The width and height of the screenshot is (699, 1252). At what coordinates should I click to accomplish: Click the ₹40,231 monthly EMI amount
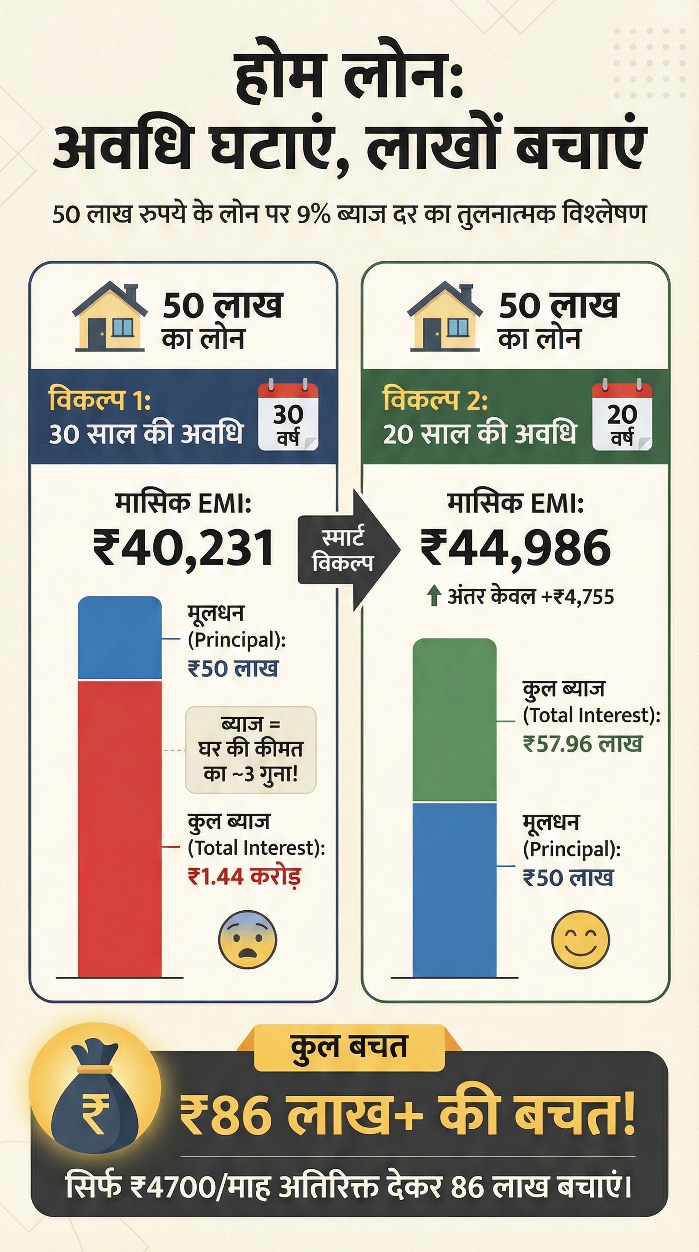(x=184, y=548)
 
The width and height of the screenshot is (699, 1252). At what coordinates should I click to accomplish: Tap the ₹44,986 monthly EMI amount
(x=515, y=548)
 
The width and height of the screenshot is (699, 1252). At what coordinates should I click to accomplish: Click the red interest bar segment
(x=120, y=826)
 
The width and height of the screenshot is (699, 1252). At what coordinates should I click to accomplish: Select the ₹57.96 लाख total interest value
(x=582, y=744)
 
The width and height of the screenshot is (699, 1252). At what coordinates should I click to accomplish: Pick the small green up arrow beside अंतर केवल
(x=434, y=596)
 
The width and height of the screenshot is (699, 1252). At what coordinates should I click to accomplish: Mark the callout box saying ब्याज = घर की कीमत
(x=251, y=749)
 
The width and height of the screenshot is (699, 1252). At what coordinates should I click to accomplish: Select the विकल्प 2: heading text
(x=435, y=400)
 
